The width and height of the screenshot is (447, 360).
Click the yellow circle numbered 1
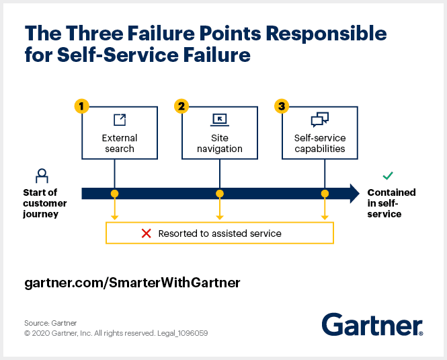click(81, 106)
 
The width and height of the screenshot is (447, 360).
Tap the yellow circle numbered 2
click(181, 106)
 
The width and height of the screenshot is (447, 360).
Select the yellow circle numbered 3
click(282, 106)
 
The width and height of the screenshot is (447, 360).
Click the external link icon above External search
click(120, 120)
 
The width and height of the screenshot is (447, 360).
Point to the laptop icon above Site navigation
click(220, 120)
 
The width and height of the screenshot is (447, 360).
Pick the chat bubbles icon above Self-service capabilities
click(320, 119)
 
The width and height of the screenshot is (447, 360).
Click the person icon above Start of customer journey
click(42, 176)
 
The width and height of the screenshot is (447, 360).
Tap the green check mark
click(388, 176)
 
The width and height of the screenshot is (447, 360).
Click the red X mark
click(147, 233)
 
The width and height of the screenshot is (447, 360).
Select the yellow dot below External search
click(114, 194)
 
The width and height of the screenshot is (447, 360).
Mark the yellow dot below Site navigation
click(220, 194)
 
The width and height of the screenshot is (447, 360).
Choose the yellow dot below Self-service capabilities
click(325, 194)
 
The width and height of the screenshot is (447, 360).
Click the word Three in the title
click(95, 33)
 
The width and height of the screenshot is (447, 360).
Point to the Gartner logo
click(372, 324)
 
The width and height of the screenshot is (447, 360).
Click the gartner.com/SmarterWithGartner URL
click(132, 283)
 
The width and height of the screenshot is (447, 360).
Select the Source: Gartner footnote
click(50, 323)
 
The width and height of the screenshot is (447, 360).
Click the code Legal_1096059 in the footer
click(182, 333)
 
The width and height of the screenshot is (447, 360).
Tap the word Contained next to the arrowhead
click(391, 192)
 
